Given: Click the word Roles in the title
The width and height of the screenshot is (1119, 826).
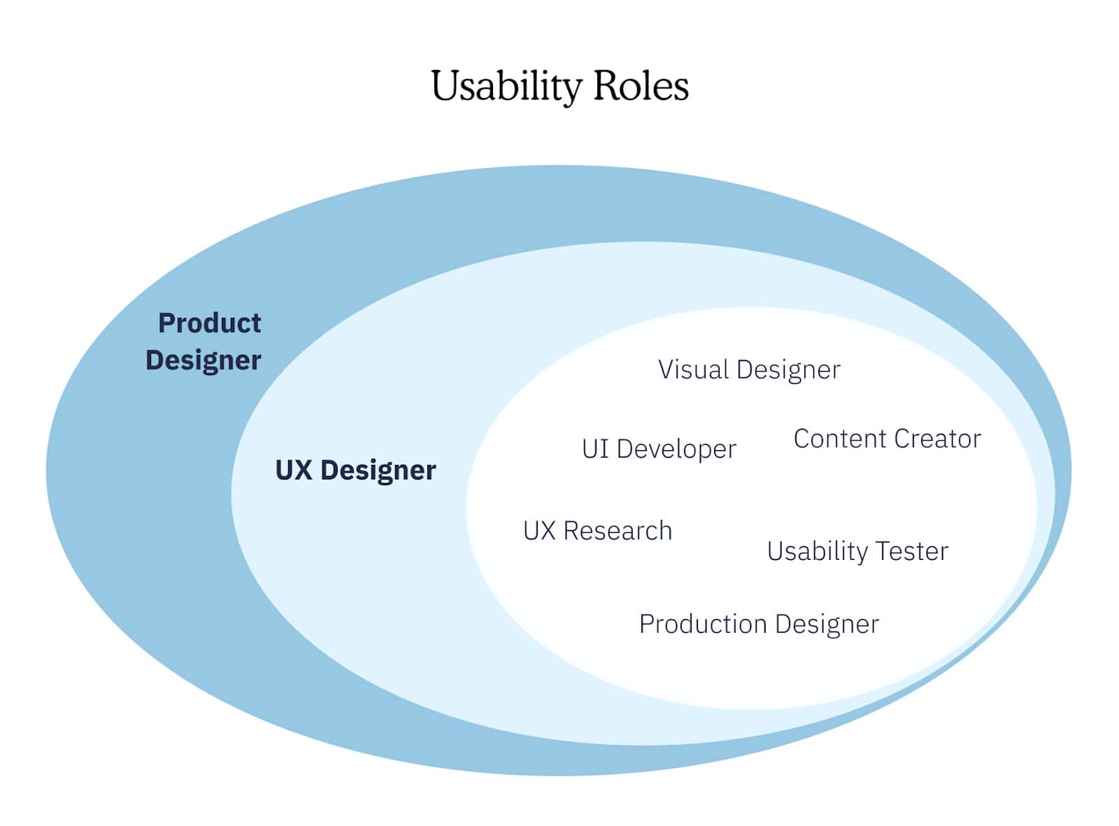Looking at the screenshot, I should [641, 86].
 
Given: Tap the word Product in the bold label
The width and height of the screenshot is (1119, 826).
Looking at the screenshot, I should [209, 323].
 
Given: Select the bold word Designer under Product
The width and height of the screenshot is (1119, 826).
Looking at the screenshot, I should [203, 360].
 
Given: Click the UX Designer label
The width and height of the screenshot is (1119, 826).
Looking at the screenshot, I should [355, 470].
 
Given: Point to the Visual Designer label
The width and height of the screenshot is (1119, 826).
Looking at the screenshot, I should [749, 370].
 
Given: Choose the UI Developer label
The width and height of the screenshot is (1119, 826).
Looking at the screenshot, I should [659, 449].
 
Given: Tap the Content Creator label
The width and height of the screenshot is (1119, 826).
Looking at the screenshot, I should [887, 439].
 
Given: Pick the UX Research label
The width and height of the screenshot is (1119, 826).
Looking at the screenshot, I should [597, 531].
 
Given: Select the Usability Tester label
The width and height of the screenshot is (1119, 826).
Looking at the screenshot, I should [857, 551].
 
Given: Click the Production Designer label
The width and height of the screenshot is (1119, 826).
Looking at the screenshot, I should [759, 624].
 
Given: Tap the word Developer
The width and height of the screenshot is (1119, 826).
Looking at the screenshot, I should [676, 449].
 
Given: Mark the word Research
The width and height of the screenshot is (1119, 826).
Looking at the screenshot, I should [618, 531].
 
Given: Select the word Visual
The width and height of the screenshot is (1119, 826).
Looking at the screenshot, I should [693, 370].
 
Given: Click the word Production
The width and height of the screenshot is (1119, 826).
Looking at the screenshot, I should [703, 624].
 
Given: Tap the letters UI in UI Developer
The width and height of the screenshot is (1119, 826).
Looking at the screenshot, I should [595, 449].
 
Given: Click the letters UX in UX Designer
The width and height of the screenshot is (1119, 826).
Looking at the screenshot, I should [294, 470].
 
